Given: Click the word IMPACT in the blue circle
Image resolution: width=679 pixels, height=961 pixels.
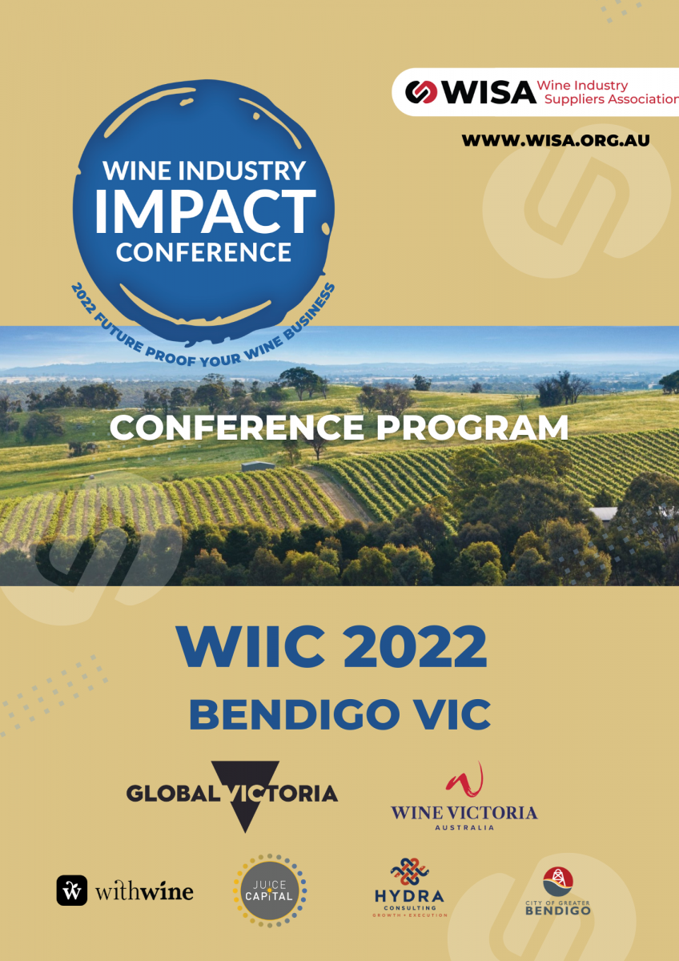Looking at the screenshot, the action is tap(205, 212).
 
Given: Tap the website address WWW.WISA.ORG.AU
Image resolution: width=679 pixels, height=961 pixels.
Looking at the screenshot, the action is tap(556, 140).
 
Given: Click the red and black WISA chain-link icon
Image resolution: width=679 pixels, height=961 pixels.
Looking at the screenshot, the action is tap(421, 92).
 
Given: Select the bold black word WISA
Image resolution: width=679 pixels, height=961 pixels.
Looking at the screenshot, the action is tap(488, 92).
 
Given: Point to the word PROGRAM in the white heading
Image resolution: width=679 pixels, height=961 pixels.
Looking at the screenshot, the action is tap(472, 428).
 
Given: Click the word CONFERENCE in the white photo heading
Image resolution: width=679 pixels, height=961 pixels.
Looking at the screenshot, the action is tap(237, 428).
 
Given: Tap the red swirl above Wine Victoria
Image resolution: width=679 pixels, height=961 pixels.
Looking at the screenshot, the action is tap(464, 780).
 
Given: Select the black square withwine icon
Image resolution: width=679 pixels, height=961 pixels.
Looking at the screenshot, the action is tap(71, 891).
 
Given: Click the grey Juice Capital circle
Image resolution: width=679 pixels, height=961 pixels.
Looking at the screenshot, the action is tap(269, 891).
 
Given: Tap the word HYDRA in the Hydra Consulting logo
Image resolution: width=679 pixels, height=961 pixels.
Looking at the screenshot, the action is tap(409, 896).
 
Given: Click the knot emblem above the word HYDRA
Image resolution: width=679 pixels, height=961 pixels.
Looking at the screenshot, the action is tap(410, 872).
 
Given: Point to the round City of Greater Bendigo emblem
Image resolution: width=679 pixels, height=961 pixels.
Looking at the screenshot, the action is tap(558, 882).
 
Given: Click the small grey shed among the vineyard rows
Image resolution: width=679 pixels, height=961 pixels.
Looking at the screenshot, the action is tap(258, 466).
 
